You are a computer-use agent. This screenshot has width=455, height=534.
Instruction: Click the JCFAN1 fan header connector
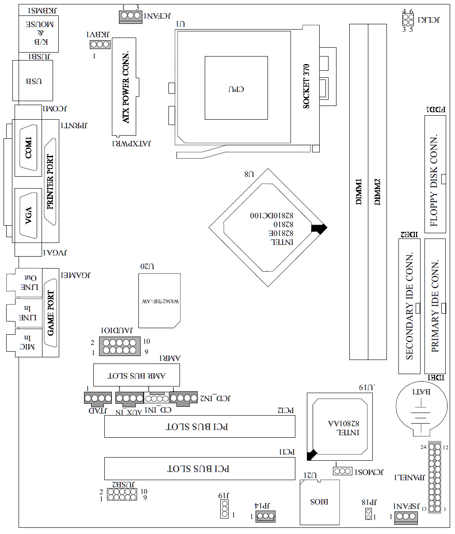(x=130, y=16)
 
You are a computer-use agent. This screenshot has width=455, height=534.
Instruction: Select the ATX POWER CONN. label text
(x=126, y=87)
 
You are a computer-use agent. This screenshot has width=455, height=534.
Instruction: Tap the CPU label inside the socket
(x=236, y=89)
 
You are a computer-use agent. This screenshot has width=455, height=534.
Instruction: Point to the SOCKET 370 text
(x=306, y=86)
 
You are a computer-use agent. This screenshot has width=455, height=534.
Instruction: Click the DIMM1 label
(x=359, y=192)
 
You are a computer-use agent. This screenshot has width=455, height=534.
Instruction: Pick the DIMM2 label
(x=377, y=192)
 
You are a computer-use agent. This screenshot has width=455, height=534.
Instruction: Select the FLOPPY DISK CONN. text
(x=434, y=180)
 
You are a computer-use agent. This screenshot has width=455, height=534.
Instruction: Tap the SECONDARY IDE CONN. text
(x=409, y=306)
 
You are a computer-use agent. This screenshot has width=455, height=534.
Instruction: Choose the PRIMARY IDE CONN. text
(x=435, y=306)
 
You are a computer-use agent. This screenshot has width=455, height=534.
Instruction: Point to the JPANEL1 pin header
(x=435, y=477)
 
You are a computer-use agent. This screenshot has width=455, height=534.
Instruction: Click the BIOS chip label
(x=319, y=502)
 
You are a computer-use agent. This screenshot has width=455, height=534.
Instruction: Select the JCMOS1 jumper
(x=343, y=471)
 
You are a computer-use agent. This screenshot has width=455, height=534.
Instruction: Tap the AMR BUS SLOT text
(x=137, y=376)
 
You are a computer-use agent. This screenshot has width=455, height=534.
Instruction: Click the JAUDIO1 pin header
(x=119, y=346)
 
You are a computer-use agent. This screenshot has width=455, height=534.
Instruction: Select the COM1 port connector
(x=29, y=148)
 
